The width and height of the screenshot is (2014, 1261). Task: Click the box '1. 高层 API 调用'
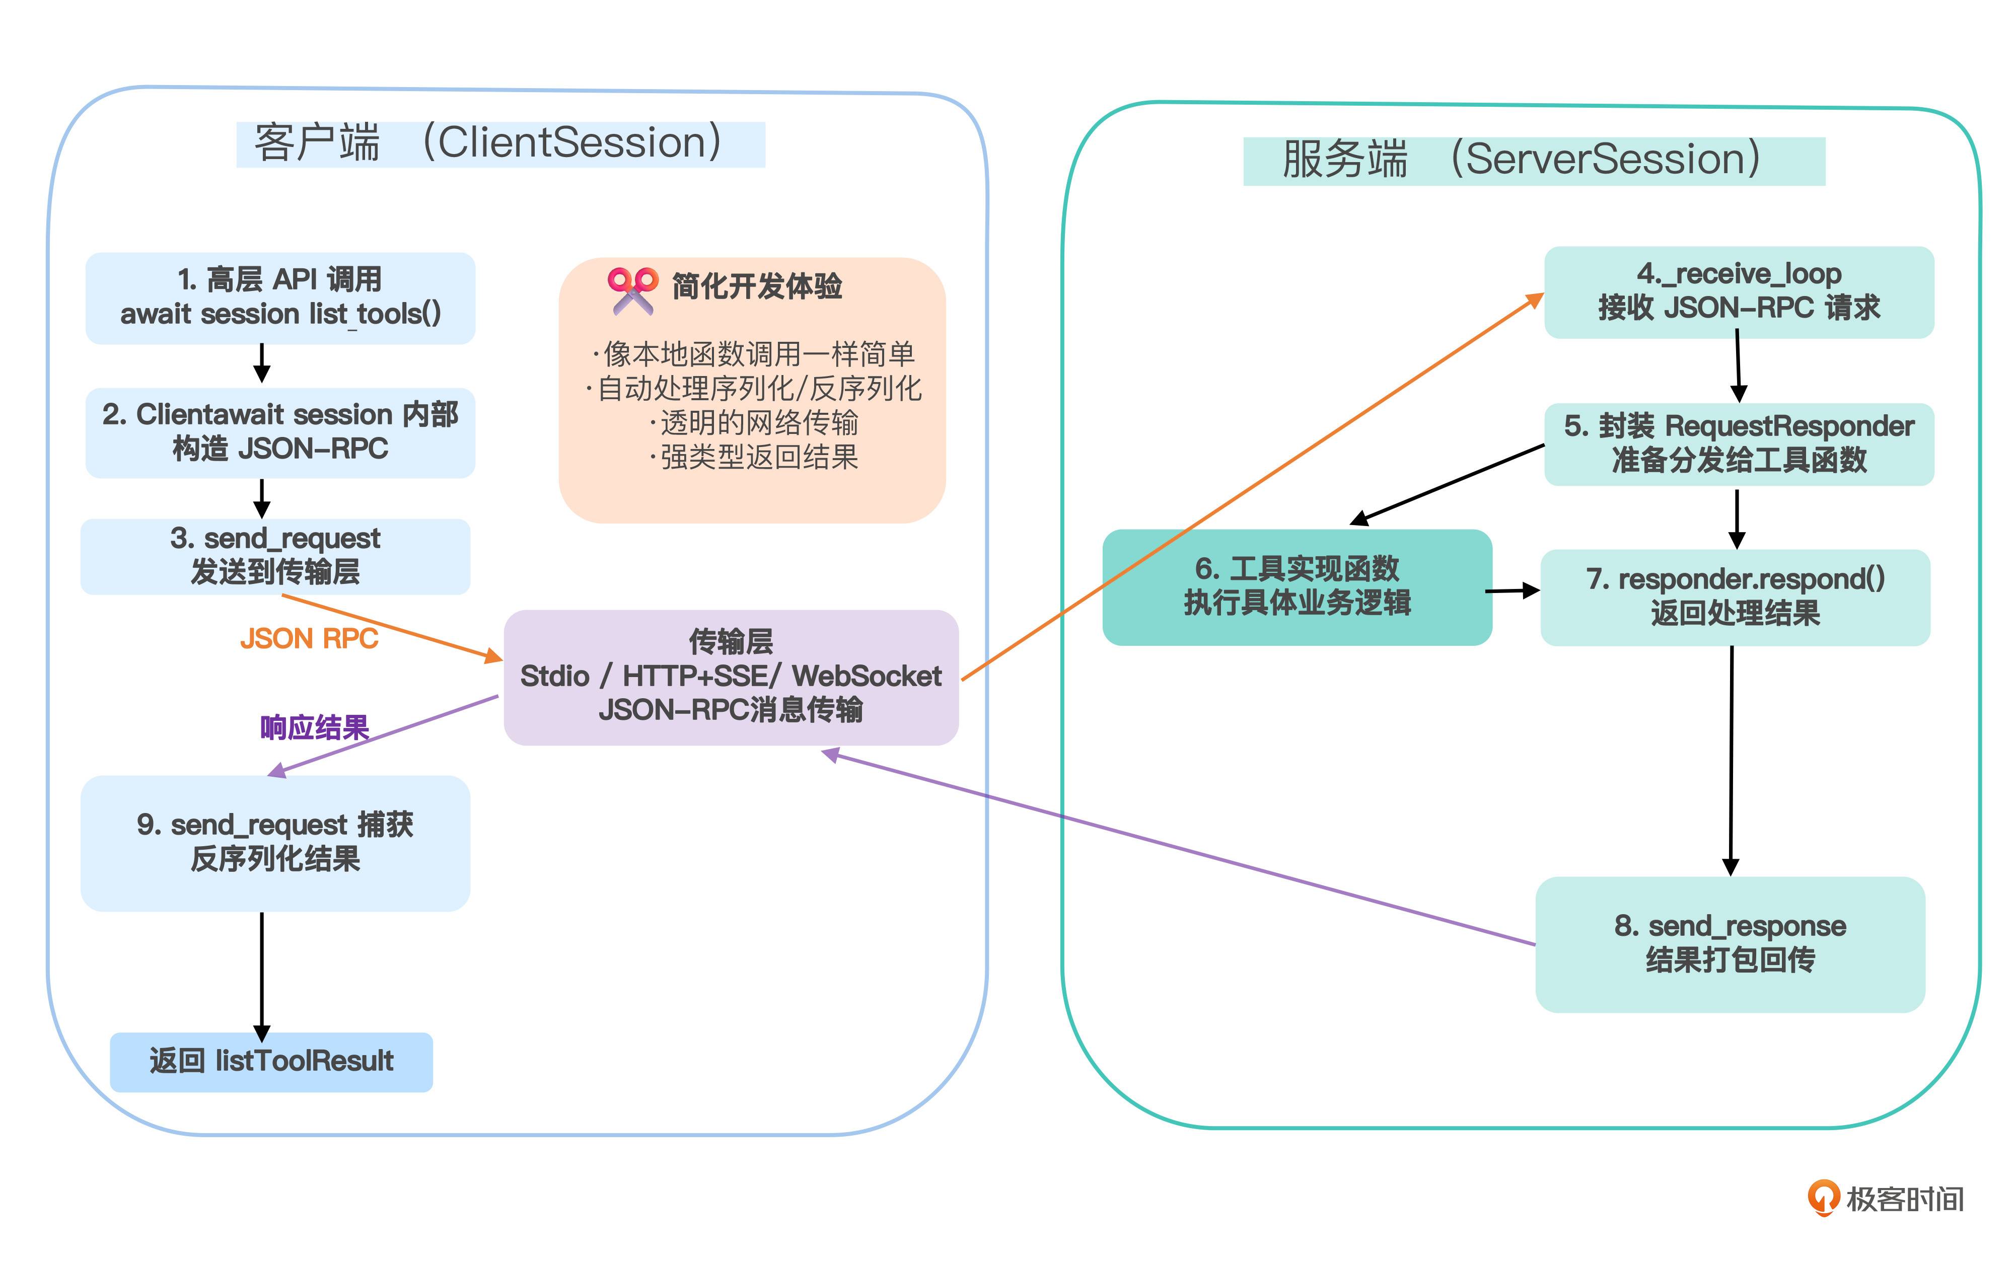pyautogui.click(x=280, y=298)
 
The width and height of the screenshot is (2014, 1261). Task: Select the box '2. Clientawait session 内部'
pyautogui.click(x=280, y=432)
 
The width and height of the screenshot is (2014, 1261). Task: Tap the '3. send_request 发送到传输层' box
pyautogui.click(x=275, y=556)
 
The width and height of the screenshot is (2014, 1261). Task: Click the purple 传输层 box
pyautogui.click(x=731, y=677)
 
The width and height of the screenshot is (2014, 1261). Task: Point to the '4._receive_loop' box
pyautogui.click(x=1739, y=292)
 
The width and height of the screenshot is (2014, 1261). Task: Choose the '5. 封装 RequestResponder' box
pyautogui.click(x=1739, y=443)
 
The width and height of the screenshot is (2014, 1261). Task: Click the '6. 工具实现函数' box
pyautogui.click(x=1297, y=586)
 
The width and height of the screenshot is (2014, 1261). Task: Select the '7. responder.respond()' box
pyautogui.click(x=1735, y=597)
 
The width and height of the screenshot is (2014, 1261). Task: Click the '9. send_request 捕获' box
pyautogui.click(x=275, y=842)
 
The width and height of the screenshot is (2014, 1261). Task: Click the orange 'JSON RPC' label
pyautogui.click(x=309, y=639)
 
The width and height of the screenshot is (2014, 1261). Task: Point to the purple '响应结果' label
pyautogui.click(x=314, y=728)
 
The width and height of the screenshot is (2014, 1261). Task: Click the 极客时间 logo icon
pyautogui.click(x=1823, y=1198)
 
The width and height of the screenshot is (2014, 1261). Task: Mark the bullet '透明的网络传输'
pyautogui.click(x=755, y=423)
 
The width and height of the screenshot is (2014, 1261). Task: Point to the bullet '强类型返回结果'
pyautogui.click(x=755, y=457)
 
